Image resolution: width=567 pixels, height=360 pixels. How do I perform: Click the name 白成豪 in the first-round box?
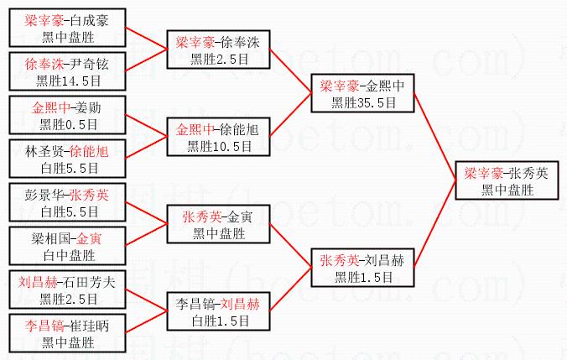(x=90, y=19)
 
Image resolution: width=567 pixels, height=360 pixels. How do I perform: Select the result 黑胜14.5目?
(x=68, y=81)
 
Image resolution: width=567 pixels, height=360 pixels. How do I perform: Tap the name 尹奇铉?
(x=90, y=64)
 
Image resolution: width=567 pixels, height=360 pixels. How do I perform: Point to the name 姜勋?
(x=86, y=107)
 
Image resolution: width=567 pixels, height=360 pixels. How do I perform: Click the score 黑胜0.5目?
(x=68, y=124)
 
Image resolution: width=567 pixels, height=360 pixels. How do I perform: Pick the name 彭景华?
(x=46, y=195)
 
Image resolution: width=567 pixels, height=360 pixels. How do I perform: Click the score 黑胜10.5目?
(x=218, y=146)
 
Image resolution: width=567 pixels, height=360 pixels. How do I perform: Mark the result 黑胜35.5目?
(x=363, y=102)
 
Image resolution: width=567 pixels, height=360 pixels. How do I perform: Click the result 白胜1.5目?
(x=218, y=320)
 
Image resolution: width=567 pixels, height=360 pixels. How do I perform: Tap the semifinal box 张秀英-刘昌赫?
(x=362, y=268)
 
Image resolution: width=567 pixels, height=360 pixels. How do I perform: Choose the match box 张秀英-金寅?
(x=218, y=224)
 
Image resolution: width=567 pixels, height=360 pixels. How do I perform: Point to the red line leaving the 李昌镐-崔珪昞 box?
(x=147, y=322)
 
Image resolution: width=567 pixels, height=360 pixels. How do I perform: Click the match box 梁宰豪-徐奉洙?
(x=218, y=50)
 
